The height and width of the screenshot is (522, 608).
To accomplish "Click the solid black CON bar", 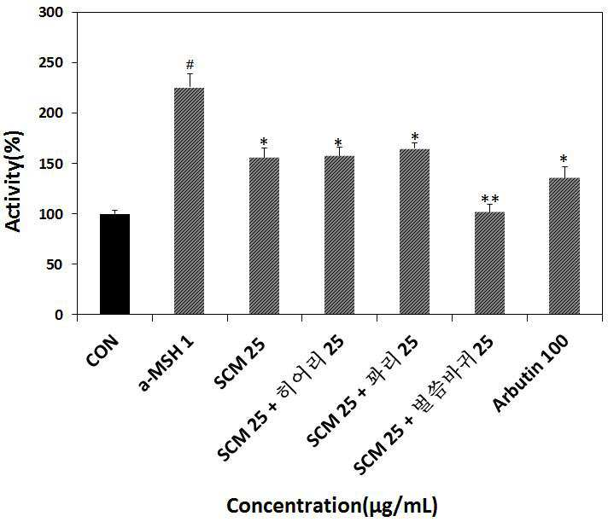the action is pyautogui.click(x=114, y=264).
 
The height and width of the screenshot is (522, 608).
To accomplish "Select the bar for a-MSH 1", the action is pyautogui.click(x=190, y=200).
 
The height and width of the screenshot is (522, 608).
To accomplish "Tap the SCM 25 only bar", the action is pyautogui.click(x=264, y=235).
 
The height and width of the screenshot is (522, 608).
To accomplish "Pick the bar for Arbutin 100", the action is pyautogui.click(x=564, y=246).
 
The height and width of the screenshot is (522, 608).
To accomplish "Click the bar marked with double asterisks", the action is pyautogui.click(x=490, y=263).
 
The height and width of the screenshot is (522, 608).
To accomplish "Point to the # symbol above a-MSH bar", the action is pyautogui.click(x=190, y=64).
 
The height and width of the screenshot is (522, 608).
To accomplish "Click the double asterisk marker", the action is pyautogui.click(x=490, y=199).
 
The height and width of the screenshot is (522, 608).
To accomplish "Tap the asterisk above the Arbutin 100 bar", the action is pyautogui.click(x=564, y=159).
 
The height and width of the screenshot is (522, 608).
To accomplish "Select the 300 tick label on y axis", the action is pyautogui.click(x=50, y=13).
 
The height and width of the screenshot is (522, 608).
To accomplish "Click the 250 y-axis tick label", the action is pyautogui.click(x=50, y=63).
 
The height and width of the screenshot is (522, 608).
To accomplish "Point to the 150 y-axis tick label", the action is pyautogui.click(x=50, y=164).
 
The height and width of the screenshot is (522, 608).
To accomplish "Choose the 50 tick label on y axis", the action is pyautogui.click(x=55, y=264).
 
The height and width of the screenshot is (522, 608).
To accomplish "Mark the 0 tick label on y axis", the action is pyautogui.click(x=59, y=315).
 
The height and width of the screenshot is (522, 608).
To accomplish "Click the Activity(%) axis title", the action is pyautogui.click(x=14, y=181).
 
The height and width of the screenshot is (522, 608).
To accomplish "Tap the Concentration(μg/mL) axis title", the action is pyautogui.click(x=332, y=506).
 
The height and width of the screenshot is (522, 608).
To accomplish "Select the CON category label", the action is pyautogui.click(x=102, y=351).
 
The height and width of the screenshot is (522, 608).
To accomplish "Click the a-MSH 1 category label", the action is pyautogui.click(x=166, y=364).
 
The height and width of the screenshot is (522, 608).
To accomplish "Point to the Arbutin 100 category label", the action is pyautogui.click(x=530, y=374).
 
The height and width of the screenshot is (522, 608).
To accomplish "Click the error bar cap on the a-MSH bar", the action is pyautogui.click(x=190, y=73).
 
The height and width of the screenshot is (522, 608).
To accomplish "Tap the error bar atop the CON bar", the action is pyautogui.click(x=114, y=212).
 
